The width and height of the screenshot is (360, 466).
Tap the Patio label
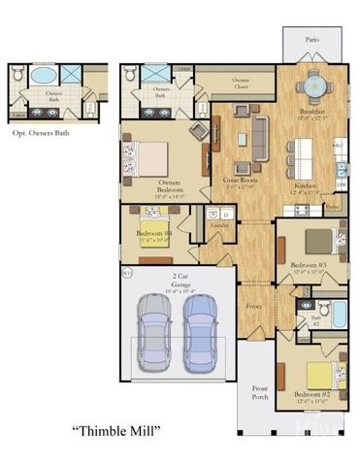(311, 41)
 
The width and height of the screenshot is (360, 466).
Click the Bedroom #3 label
(308, 264)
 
